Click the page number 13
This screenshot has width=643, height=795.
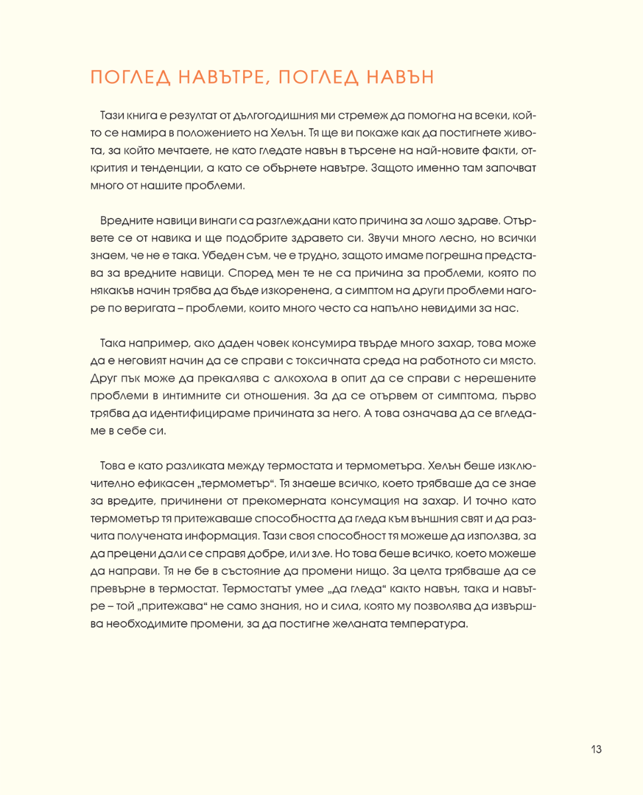point(595,749)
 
